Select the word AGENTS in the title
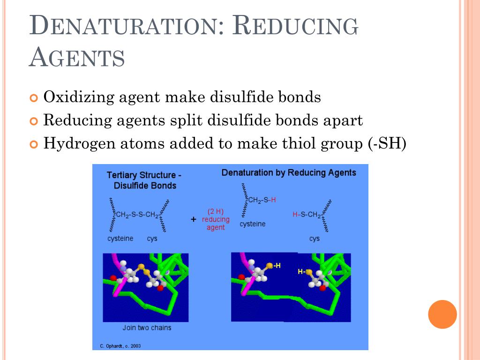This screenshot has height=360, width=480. [x=77, y=58]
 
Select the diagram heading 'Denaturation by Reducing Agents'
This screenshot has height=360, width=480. [x=289, y=172]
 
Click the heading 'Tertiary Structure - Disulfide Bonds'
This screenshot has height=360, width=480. [x=144, y=180]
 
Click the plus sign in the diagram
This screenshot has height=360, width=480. [x=193, y=219]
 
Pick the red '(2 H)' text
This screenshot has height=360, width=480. [x=216, y=211]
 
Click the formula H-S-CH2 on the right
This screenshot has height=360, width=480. [x=307, y=215]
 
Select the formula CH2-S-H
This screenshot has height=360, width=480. [x=262, y=200]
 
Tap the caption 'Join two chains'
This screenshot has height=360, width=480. [x=147, y=328]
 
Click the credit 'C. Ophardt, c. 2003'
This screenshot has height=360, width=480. [x=120, y=346]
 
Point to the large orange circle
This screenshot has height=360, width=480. [x=442, y=314]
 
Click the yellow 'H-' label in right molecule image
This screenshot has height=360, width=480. [x=301, y=271]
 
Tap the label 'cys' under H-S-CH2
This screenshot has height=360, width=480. [x=314, y=239]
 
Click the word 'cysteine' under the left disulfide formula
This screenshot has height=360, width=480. [x=120, y=239]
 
